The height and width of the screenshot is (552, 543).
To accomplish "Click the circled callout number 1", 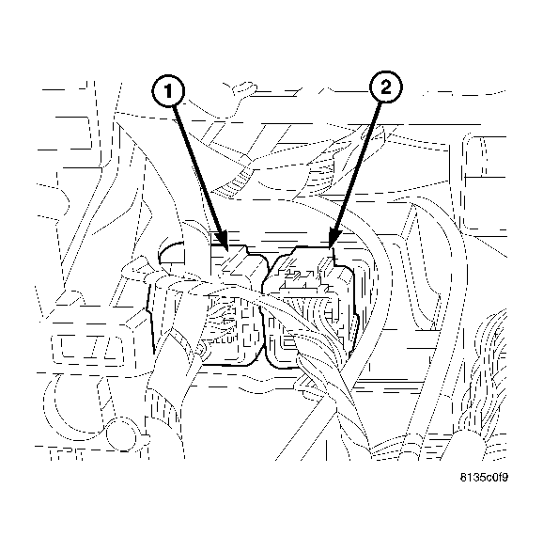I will tap(167, 91).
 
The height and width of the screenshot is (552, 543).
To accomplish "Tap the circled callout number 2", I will tap(385, 89).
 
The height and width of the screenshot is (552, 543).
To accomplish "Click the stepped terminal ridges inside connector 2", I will tap(305, 279).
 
